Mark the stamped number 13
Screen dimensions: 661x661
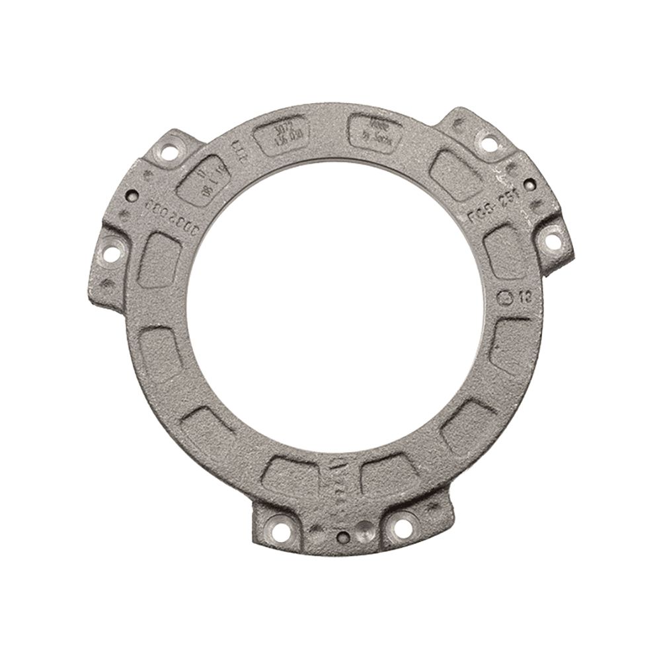(x=524, y=295)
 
